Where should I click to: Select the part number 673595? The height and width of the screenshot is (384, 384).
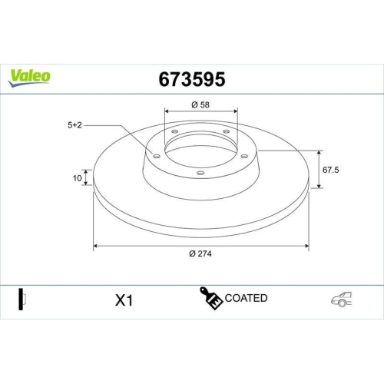pos(191,78)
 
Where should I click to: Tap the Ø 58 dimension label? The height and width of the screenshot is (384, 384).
pos(201,104)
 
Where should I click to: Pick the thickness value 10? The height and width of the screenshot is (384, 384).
pos(76,178)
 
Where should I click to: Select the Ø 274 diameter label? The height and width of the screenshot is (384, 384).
pos(201,255)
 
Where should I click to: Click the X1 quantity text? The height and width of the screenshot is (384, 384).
pos(124,300)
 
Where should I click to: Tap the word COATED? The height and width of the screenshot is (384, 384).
pos(247,298)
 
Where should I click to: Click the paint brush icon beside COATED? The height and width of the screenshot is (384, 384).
pos(212,298)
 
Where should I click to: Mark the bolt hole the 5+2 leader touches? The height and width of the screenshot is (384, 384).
pos(157,157)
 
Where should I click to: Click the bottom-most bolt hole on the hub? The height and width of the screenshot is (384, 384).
pos(200,173)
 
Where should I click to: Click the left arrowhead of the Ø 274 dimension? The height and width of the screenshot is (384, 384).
pos(96,247)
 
